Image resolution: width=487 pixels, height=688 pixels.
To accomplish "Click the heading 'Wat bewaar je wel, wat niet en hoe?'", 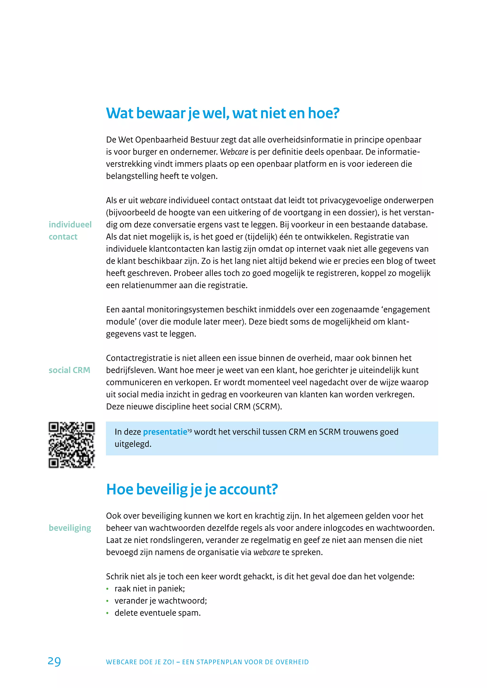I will pos(223,113).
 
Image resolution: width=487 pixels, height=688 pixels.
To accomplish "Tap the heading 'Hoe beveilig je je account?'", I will pos(192,489).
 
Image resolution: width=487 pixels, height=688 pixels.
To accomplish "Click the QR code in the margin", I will pos(71,445).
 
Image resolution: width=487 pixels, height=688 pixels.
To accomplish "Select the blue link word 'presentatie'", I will pos(165,432).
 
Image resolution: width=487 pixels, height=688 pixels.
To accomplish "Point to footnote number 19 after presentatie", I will pos(190,430).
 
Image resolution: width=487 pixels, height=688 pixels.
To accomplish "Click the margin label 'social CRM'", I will pos(69,370).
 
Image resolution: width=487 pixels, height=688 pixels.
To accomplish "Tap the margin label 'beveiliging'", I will pos(70,528).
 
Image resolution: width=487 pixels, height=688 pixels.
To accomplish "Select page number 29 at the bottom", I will pos(54,661).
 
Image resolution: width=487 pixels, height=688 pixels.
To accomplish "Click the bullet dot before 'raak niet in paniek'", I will pos(107,589).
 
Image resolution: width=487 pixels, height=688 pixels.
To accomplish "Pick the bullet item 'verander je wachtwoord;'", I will pos(161,601).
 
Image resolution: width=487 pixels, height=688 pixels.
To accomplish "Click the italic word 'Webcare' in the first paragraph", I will pos(234,152).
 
